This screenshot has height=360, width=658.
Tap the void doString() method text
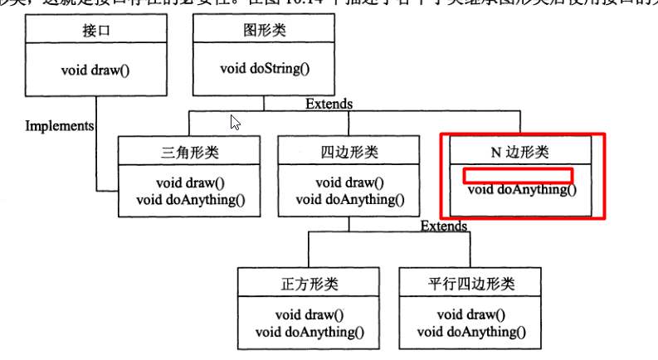[265, 68]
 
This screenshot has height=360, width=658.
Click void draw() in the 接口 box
[95, 68]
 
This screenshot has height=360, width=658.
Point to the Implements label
[60, 126]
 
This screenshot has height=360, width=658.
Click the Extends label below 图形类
[329, 104]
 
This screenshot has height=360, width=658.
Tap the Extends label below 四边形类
[443, 226]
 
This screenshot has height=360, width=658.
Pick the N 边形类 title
[520, 153]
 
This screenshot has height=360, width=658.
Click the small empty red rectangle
[517, 174]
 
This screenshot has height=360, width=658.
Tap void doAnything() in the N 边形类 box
[522, 189]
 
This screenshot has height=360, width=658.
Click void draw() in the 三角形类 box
[190, 182]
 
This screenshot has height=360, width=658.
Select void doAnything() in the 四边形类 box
[350, 199]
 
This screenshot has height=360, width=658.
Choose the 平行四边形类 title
[471, 284]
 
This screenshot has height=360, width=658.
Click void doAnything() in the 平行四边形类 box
[471, 332]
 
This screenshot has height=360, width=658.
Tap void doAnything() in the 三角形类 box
[190, 199]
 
